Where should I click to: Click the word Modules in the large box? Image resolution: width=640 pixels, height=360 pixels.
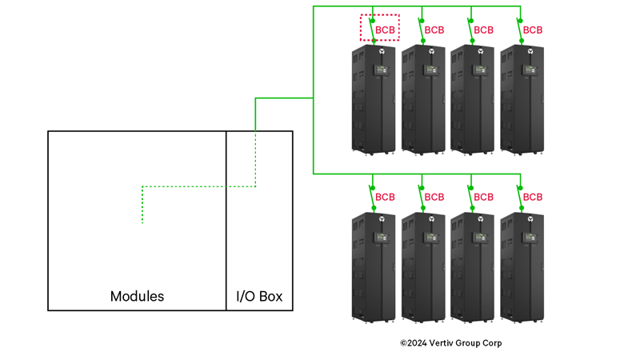point(137,296)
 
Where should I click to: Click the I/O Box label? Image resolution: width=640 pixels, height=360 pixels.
point(259,296)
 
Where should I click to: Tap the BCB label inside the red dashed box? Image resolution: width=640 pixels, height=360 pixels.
point(386,30)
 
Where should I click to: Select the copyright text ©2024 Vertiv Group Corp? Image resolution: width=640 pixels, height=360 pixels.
point(451,343)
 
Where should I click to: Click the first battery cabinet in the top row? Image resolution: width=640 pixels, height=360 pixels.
point(374,99)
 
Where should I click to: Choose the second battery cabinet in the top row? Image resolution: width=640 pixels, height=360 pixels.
point(423,99)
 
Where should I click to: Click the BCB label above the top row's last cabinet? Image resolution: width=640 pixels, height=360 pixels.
point(533,30)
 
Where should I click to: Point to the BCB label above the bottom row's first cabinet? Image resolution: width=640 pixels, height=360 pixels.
point(386,197)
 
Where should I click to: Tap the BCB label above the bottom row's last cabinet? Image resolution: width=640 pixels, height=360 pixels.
point(533,197)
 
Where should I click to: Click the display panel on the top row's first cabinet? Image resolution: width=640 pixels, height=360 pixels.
point(380,70)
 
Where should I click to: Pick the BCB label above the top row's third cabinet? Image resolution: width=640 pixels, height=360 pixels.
point(484,30)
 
